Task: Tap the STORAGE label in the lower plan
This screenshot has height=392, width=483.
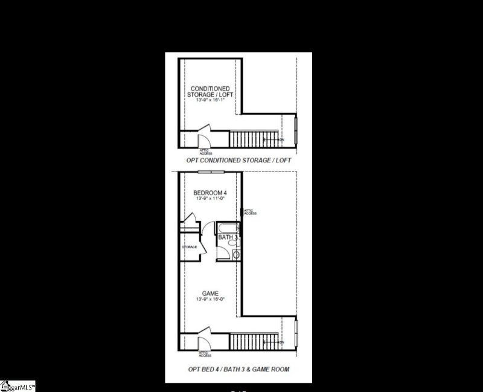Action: (x=190, y=247)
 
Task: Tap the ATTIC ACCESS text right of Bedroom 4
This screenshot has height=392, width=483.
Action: (x=251, y=212)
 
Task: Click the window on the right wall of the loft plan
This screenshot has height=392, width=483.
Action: (x=296, y=131)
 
